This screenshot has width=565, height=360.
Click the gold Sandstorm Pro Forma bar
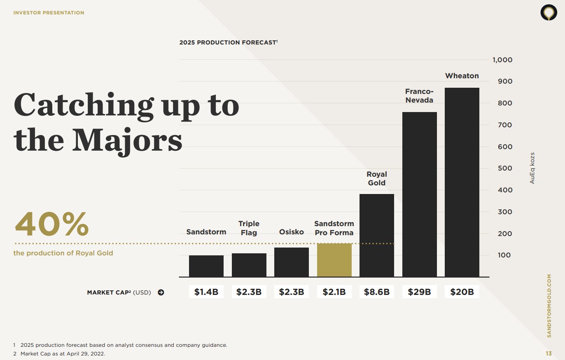334,260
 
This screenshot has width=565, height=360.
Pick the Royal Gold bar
377,235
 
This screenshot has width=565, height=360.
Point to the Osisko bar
292,262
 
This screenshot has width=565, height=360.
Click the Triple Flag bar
249,265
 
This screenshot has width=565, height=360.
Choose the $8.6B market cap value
377,292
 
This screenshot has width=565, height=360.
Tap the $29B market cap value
419,292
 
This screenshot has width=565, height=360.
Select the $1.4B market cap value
206,292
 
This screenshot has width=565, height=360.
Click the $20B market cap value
462,292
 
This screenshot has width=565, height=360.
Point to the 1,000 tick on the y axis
502,60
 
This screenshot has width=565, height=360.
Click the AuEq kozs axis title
532,168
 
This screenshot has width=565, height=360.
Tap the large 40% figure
52,224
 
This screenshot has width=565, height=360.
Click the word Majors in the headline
127,140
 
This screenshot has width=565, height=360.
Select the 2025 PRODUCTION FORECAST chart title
228,42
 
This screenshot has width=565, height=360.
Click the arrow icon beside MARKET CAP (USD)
161,292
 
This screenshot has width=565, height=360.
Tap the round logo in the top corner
549,13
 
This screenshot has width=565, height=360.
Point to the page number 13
549,353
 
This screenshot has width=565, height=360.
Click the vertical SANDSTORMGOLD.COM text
549,306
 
